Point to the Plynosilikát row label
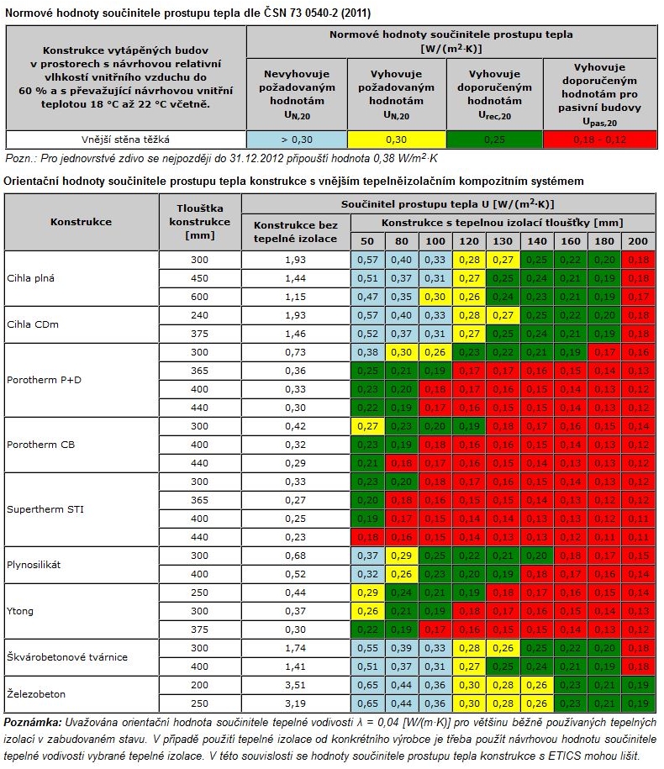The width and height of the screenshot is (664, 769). [x=33, y=565]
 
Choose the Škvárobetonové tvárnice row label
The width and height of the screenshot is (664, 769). [x=66, y=657]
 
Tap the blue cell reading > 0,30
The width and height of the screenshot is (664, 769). [x=297, y=139]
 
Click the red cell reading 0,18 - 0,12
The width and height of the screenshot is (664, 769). [x=598, y=139]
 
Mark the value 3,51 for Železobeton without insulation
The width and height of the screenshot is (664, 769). [x=295, y=685]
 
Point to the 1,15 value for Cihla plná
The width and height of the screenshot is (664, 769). [x=295, y=297]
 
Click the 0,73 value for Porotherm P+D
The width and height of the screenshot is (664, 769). [x=295, y=352]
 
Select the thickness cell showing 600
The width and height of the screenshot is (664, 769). [x=199, y=297]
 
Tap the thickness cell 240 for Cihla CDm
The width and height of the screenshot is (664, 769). [x=199, y=315]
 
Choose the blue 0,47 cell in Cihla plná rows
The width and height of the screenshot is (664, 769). [x=366, y=297]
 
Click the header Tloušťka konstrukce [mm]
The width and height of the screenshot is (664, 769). [x=199, y=222]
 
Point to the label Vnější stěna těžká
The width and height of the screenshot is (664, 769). [x=126, y=139]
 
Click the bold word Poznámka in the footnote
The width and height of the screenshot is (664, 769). [x=33, y=722]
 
